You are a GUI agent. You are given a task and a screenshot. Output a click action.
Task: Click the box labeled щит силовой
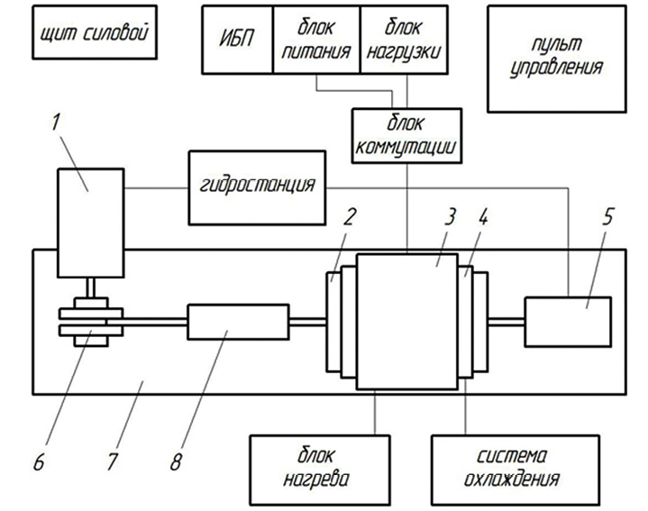pos(95,32)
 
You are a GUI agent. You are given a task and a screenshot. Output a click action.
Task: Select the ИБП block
pos(238,40)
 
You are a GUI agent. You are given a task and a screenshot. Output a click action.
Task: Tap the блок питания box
pos(316,40)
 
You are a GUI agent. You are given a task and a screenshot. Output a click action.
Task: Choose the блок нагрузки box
pos(404,40)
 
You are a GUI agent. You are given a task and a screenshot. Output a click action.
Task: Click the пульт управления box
pos(557,59)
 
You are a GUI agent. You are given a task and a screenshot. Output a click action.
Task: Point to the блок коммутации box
pos(406,135)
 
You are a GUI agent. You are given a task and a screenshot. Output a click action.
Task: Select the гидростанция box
pos(257,187)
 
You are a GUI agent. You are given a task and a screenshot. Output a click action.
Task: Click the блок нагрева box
pos(320,470)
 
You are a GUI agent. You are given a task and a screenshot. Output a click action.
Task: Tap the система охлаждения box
pos(516,470)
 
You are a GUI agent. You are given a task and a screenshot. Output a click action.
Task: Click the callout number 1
pos(56,122)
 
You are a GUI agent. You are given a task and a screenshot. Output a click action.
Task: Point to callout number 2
pos(349,216)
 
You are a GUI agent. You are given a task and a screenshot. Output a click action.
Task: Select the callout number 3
pos(450,216)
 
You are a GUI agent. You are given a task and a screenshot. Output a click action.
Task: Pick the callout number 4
pos(483,216)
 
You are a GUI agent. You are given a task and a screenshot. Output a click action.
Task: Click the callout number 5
pos(607,216)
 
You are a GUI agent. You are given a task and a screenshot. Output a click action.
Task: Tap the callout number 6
pos(39,461)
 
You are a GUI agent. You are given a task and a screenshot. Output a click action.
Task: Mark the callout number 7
pos(112,461)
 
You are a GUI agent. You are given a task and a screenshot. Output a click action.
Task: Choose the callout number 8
pos(176,461)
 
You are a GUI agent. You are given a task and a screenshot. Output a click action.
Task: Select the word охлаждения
pos(512,479)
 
